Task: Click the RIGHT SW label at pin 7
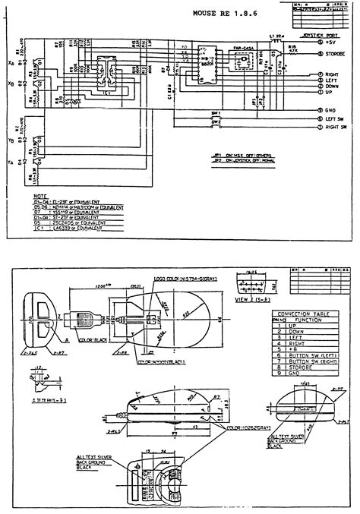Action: click(x=337, y=128)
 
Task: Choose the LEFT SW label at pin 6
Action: click(x=336, y=118)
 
